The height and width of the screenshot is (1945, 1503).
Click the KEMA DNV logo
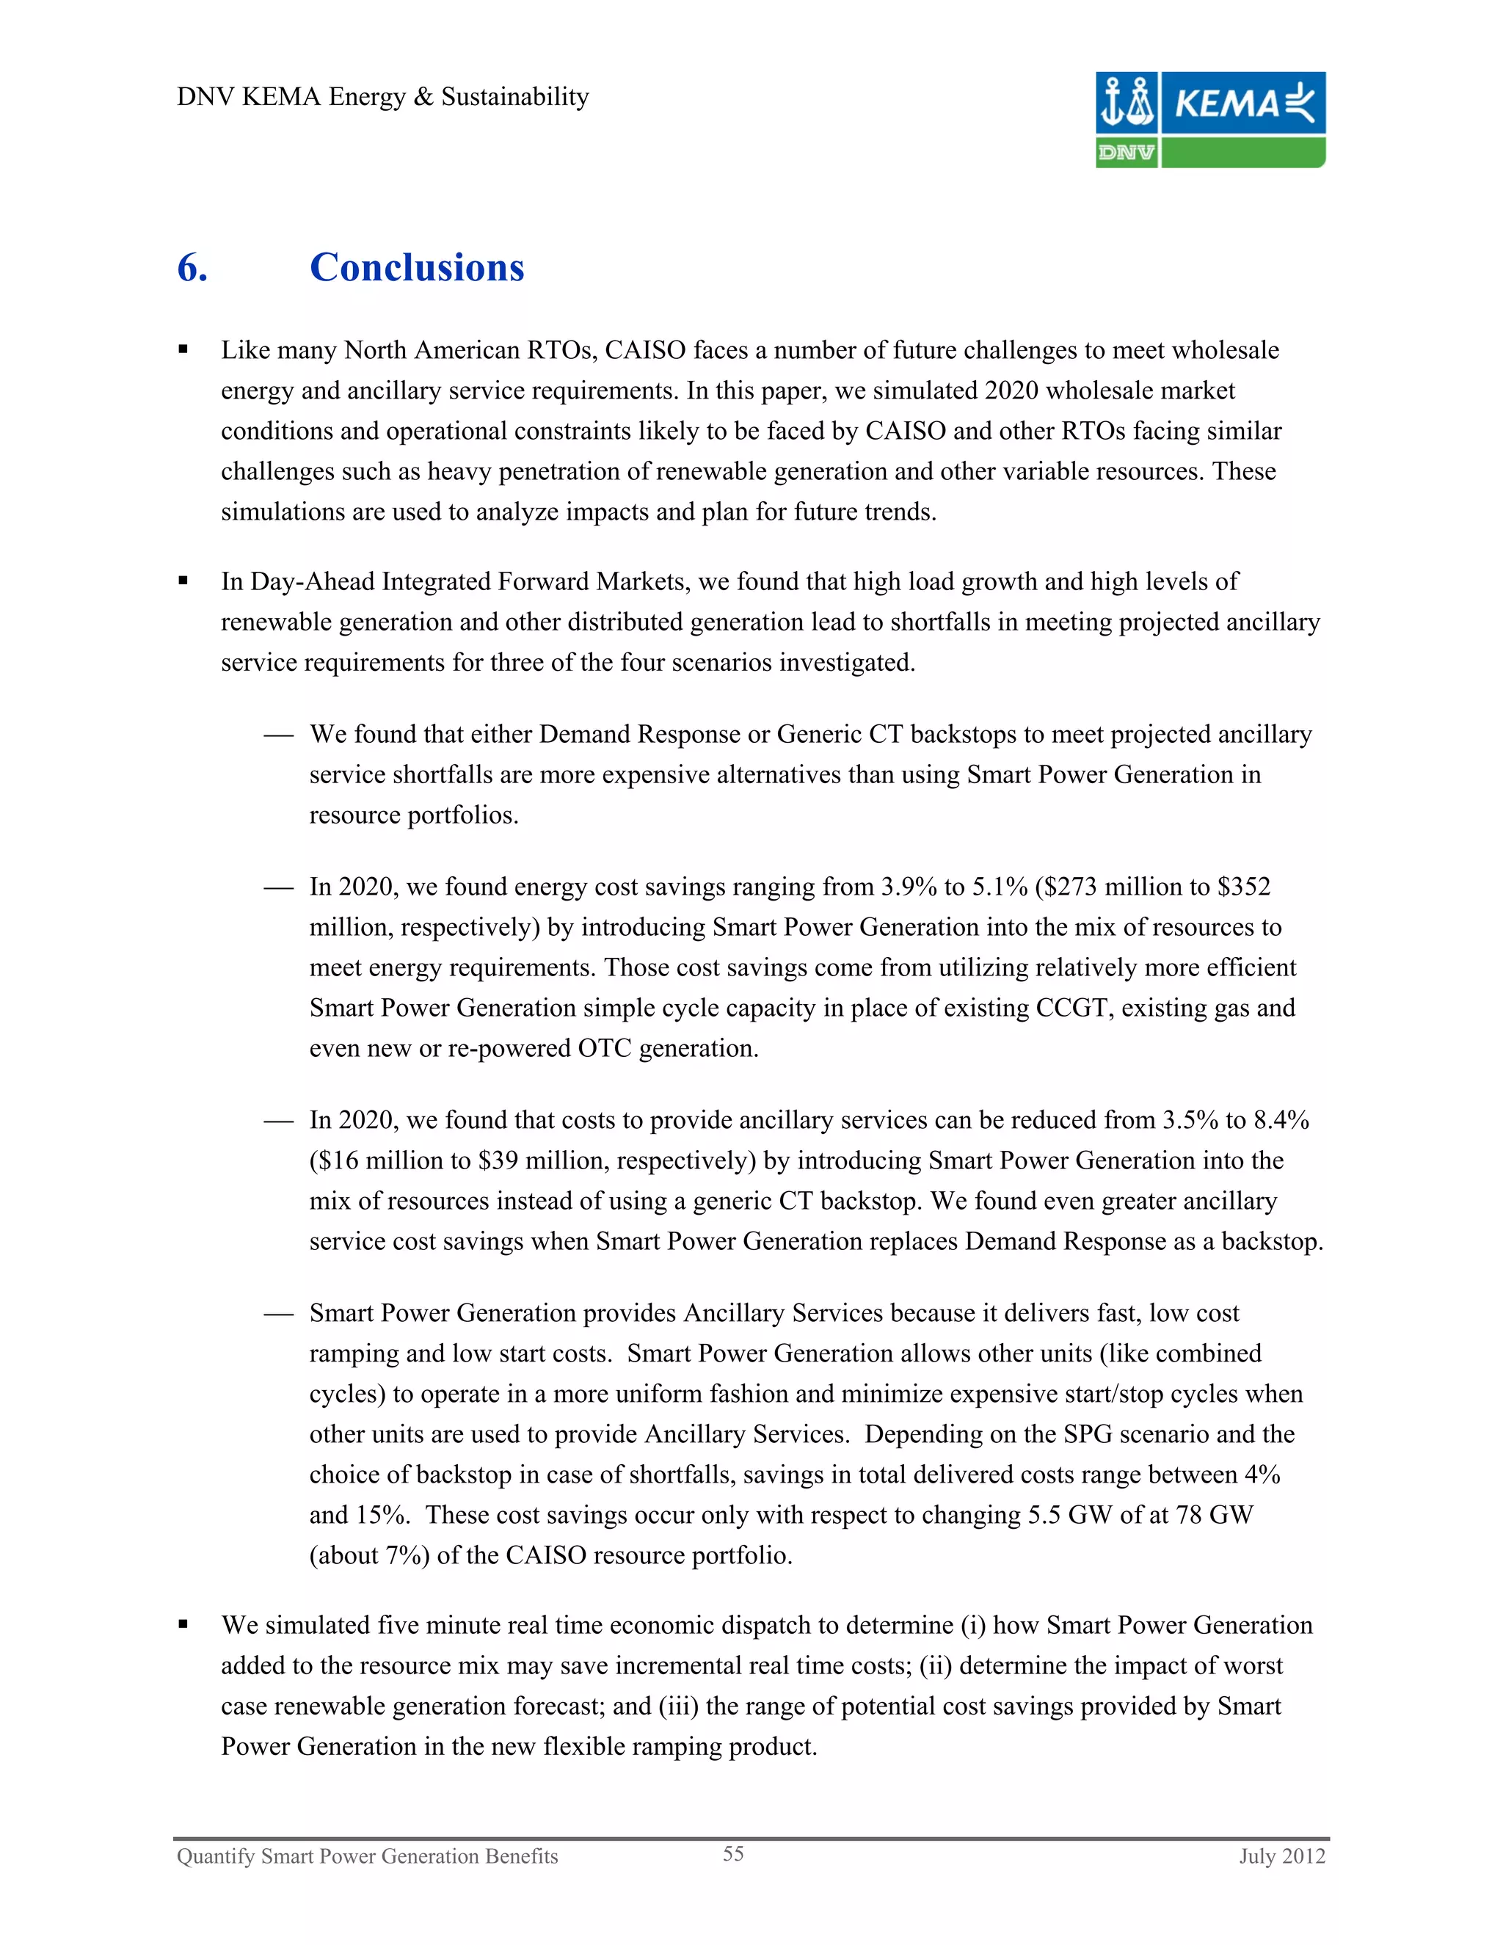pos(1210,120)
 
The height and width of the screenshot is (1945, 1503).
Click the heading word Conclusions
pos(417,267)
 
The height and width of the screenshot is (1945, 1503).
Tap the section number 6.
pos(192,267)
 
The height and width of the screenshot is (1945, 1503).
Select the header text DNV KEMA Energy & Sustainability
pos(383,96)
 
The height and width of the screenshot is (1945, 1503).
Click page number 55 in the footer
pos(733,1853)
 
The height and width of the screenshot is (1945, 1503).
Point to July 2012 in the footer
pos(1282,1856)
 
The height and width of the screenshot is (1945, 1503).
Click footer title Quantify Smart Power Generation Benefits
pos(367,1856)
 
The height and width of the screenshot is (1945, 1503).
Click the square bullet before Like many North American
pos(183,350)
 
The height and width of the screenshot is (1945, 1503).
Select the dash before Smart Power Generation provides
pos(278,1314)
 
